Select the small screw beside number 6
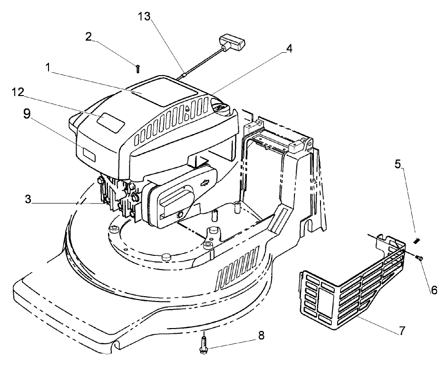(419, 257)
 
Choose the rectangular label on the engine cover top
(110, 122)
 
